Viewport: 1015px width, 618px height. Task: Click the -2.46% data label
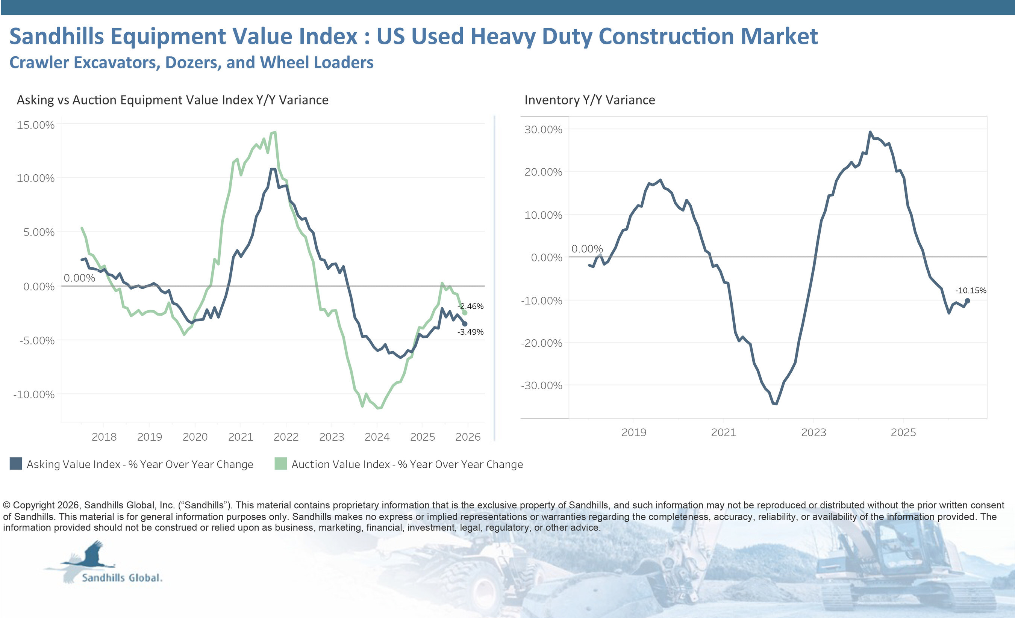pos(470,306)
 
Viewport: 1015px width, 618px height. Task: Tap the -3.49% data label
pos(470,332)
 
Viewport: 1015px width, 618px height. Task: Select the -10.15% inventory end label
pos(971,290)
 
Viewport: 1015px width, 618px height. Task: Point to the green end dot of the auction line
pos(465,313)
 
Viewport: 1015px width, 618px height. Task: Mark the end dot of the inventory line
pos(968,301)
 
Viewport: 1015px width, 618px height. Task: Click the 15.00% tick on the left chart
pos(35,125)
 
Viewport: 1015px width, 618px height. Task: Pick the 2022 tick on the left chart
pos(286,437)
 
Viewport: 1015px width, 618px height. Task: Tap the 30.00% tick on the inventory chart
pos(543,129)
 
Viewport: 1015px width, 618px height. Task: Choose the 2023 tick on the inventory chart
pos(814,432)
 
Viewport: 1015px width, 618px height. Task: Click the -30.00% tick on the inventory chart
pos(541,385)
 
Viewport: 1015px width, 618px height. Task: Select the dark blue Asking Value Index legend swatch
pos(16,464)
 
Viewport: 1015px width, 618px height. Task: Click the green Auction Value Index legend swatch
pos(280,464)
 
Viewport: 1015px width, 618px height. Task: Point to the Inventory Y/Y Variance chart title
pos(589,100)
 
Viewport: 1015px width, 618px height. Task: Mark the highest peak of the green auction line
pos(275,132)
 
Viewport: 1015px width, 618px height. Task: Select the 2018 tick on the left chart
pos(104,437)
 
